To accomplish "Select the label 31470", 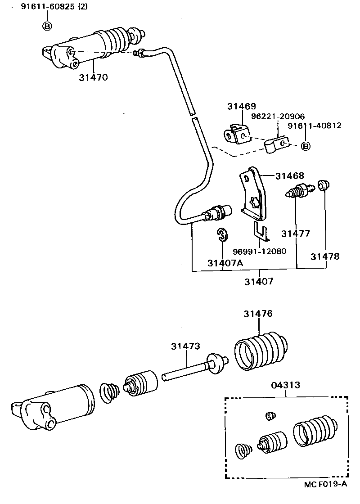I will click(93, 77).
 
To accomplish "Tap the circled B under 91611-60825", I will click(47, 26).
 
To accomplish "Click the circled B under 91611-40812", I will click(306, 146).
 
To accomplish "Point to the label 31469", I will click(241, 106).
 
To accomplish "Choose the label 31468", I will click(290, 176).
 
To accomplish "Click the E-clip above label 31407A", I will click(222, 234).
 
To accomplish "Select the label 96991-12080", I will click(259, 251).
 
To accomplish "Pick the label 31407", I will click(259, 282).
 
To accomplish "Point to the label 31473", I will click(185, 346).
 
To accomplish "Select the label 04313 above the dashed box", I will click(286, 385).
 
